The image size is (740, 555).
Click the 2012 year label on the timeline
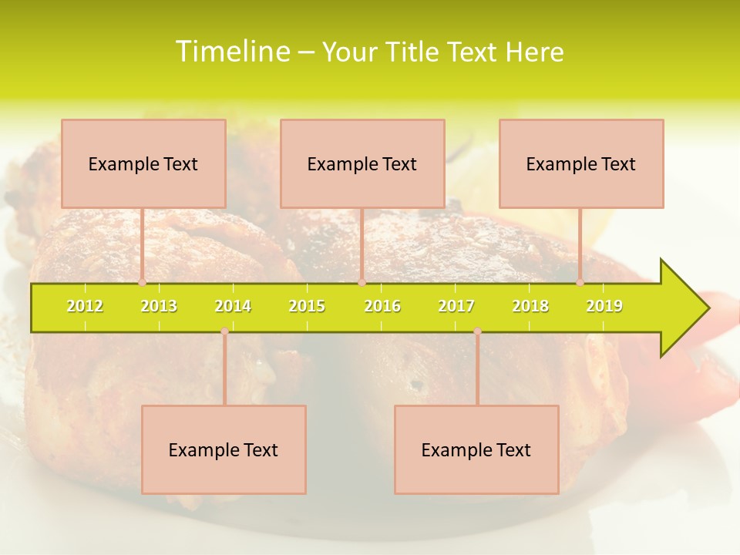click(x=85, y=306)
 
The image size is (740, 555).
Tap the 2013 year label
click(x=159, y=306)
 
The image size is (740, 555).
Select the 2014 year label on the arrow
click(x=233, y=306)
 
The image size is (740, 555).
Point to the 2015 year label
click(x=307, y=306)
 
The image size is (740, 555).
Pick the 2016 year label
click(x=382, y=306)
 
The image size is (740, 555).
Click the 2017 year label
click(x=456, y=306)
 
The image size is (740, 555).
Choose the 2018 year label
click(x=530, y=306)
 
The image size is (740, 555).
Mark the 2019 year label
click(x=604, y=306)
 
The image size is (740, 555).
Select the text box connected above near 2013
click(x=143, y=163)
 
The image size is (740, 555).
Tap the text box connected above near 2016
click(x=362, y=163)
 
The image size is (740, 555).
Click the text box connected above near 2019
click(x=581, y=163)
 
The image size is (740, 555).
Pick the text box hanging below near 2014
click(x=224, y=449)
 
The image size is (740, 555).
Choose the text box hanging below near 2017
click(x=476, y=449)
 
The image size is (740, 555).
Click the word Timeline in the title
click(x=231, y=52)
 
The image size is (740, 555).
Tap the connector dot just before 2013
click(x=143, y=283)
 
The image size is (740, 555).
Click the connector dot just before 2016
click(x=362, y=283)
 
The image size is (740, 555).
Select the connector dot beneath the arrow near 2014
click(x=224, y=331)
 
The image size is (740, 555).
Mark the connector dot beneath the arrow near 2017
click(x=477, y=331)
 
